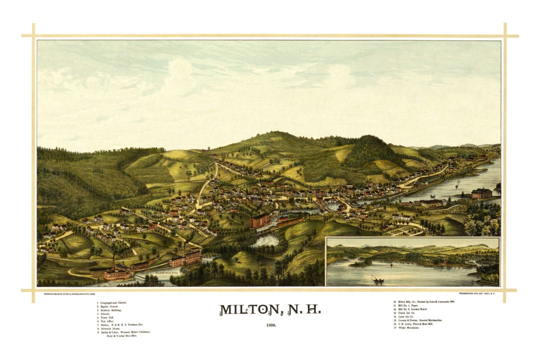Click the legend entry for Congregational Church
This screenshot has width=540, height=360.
[x=113, y=302]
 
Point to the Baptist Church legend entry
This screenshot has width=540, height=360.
[x=109, y=306]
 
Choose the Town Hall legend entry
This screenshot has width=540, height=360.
[x=107, y=318]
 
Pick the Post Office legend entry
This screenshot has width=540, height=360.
[x=107, y=321]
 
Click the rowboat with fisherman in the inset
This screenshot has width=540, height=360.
[x=377, y=280]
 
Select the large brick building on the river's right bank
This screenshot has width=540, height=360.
[x=481, y=193]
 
